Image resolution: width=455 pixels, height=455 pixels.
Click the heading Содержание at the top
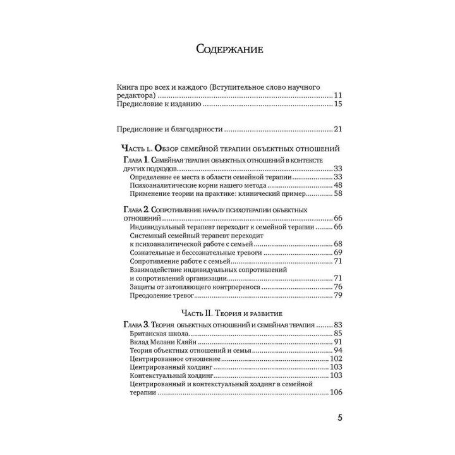[x=229, y=49]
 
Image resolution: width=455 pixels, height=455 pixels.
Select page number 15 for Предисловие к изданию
[x=337, y=104]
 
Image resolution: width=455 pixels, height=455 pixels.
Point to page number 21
[x=337, y=130]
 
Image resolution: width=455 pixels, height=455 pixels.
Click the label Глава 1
[x=135, y=160]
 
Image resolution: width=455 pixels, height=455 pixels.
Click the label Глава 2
[x=135, y=209]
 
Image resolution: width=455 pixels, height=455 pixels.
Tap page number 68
[x=337, y=243]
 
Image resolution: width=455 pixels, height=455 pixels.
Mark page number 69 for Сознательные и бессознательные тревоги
[x=337, y=252]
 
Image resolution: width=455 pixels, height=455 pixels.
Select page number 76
[x=337, y=286]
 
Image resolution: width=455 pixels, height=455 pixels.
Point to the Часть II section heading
[x=229, y=313]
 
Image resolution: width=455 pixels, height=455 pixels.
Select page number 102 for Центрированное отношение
[x=336, y=359]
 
